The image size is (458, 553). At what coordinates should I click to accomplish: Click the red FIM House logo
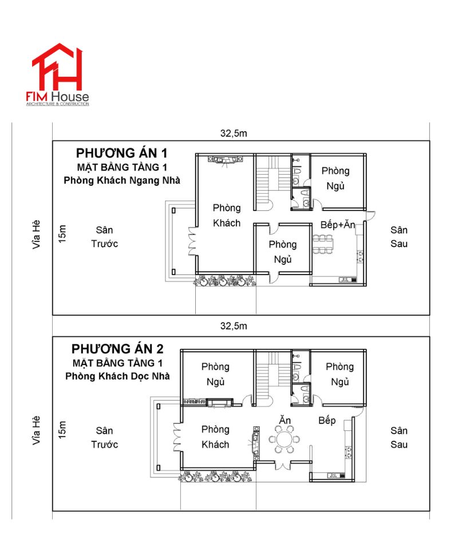(x=57, y=74)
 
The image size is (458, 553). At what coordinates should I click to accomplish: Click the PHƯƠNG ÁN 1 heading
(x=121, y=153)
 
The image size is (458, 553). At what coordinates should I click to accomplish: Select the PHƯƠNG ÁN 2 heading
(x=117, y=349)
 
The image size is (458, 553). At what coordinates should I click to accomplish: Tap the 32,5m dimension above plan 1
(x=234, y=134)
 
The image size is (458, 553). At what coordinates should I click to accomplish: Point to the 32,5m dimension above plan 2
(x=234, y=326)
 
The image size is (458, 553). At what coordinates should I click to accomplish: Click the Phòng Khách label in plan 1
(x=227, y=215)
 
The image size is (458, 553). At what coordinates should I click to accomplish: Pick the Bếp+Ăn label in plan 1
(x=338, y=225)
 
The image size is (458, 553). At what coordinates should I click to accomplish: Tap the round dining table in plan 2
(x=284, y=440)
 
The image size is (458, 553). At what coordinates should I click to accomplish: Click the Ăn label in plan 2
(x=285, y=419)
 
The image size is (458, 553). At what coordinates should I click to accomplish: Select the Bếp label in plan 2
(x=327, y=421)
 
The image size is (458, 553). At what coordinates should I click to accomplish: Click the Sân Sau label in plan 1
(x=399, y=237)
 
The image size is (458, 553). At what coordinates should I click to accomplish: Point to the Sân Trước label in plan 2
(x=104, y=437)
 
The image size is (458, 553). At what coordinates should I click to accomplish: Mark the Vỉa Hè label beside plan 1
(x=36, y=234)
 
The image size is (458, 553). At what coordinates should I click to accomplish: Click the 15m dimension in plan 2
(x=62, y=430)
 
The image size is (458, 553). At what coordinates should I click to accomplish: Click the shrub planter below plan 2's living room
(x=215, y=476)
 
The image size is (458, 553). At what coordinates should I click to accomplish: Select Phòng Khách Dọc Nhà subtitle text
(x=117, y=376)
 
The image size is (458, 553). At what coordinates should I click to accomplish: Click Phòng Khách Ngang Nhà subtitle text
(x=122, y=181)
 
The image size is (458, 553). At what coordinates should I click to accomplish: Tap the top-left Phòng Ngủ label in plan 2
(x=215, y=374)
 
